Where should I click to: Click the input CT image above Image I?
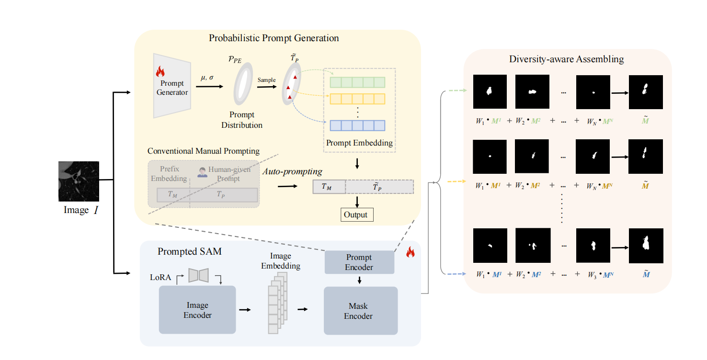click(79, 181)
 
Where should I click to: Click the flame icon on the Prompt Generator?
click(160, 72)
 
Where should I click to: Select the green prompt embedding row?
click(357, 82)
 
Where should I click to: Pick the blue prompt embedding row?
click(357, 125)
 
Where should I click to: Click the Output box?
click(356, 215)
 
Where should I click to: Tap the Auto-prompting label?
click(292, 171)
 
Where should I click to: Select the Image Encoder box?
click(197, 310)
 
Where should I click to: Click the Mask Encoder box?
click(361, 311)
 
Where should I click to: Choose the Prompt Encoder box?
click(359, 262)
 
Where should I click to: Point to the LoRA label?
click(160, 277)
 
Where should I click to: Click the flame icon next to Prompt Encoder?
click(410, 252)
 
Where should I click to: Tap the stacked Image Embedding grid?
click(277, 303)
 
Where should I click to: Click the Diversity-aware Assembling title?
click(566, 59)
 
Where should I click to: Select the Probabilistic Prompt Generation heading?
click(274, 38)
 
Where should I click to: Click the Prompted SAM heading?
click(190, 251)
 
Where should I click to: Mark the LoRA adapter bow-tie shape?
click(199, 275)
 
